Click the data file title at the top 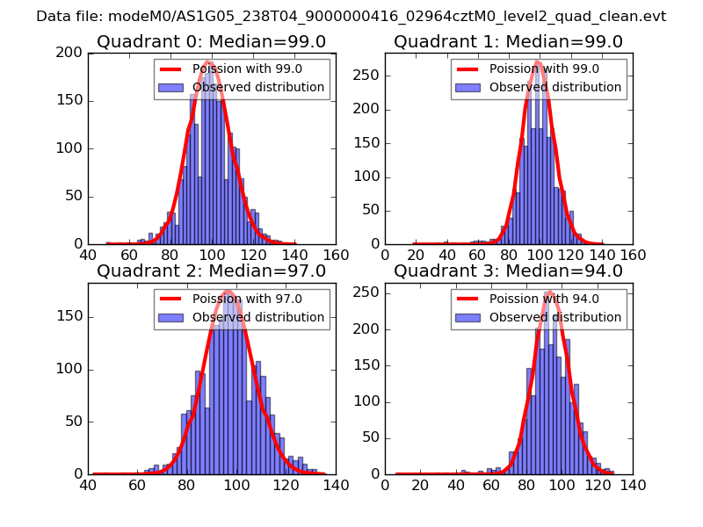[351, 16]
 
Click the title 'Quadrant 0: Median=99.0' [211, 42]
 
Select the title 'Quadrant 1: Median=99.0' [508, 42]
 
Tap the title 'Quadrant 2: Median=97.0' [211, 271]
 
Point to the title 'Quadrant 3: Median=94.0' [508, 271]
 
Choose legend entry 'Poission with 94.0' [544, 299]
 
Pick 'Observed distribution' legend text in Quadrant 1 [555, 87]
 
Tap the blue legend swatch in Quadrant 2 [170, 317]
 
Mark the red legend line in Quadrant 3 [467, 299]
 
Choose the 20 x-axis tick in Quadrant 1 [417, 255]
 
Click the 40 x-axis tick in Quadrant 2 [88, 485]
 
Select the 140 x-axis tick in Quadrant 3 [633, 485]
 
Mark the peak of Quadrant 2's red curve [228, 291]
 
